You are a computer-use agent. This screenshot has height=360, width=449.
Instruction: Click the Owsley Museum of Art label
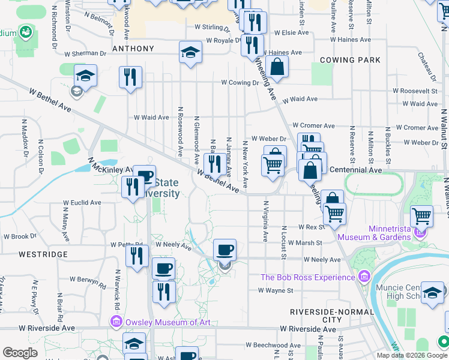(x=168, y=322)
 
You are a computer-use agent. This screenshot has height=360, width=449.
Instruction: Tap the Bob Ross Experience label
(x=308, y=277)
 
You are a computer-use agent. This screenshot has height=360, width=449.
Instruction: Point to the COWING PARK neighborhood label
(x=351, y=60)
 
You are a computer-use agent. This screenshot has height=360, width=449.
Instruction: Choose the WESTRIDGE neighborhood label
(x=43, y=254)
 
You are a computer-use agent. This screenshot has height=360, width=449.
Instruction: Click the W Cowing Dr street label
(x=243, y=82)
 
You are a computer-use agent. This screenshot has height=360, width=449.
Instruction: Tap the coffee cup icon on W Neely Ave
(x=224, y=249)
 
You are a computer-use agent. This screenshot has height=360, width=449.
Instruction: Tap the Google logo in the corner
(x=20, y=353)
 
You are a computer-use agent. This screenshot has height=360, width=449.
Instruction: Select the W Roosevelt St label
(x=418, y=91)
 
